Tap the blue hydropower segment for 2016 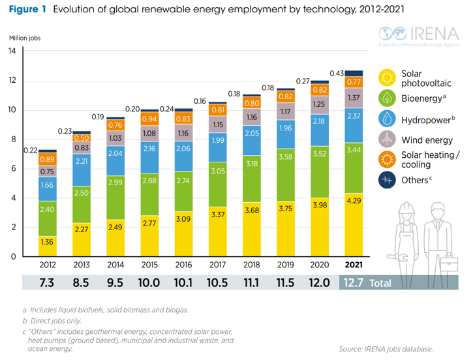(x=183, y=148)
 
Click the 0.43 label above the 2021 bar (x=337, y=73)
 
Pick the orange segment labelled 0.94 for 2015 (x=149, y=119)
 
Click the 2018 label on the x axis (x=252, y=265)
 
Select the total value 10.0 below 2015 (x=149, y=282)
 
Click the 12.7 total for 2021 (x=354, y=282)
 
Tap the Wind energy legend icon (x=388, y=138)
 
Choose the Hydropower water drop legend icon (x=388, y=119)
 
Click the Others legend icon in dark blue (x=388, y=181)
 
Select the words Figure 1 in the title (x=27, y=9)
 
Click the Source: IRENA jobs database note (x=386, y=349)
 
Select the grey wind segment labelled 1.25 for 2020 (x=320, y=104)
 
